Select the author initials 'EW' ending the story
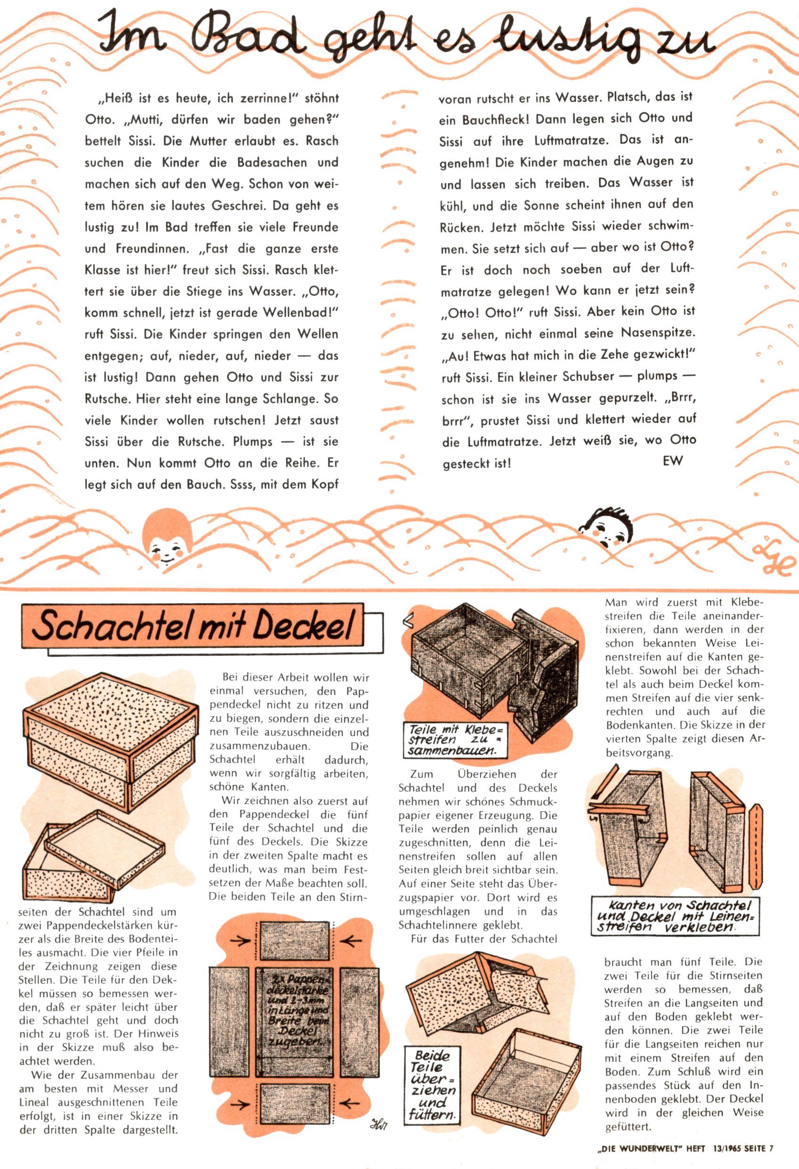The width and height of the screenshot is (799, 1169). point(673,460)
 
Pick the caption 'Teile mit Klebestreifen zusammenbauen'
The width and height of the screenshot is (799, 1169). point(456,740)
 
